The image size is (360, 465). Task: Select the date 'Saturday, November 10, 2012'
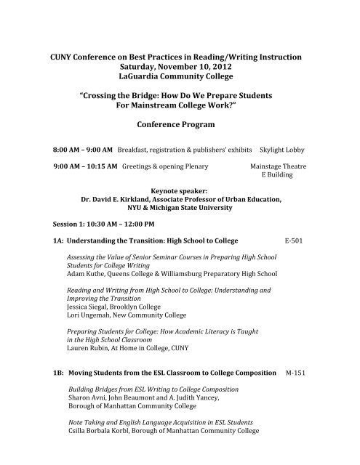(180, 67)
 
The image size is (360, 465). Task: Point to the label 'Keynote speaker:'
(180, 193)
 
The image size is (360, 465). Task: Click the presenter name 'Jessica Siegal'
(87, 307)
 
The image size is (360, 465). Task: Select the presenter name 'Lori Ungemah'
(88, 316)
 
